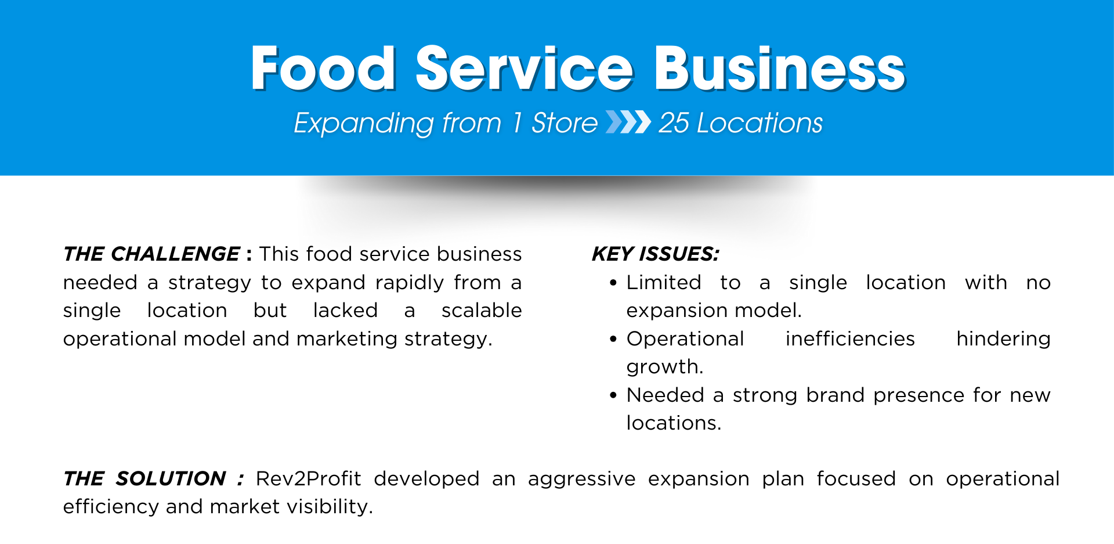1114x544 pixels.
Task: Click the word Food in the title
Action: coord(323,69)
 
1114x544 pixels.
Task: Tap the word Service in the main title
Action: coord(525,69)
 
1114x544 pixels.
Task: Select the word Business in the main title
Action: coord(780,69)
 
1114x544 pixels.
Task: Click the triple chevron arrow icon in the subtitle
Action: coord(628,123)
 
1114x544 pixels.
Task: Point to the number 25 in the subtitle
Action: coord(674,123)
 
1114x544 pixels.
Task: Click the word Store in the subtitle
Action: coord(564,123)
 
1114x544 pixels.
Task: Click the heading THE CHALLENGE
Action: coord(151,254)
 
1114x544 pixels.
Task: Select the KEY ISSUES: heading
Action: coord(656,254)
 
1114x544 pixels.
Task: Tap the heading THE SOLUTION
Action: coord(144,478)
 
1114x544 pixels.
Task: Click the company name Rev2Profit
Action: coord(308,478)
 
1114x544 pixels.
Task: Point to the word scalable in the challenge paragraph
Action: coord(482,310)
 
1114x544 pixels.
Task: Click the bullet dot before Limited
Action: coord(613,283)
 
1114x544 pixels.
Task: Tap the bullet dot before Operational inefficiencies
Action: coord(613,340)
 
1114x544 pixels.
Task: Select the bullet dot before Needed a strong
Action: coord(613,396)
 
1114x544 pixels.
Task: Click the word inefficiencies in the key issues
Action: coord(850,338)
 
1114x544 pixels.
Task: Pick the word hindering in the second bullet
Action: coord(1003,340)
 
